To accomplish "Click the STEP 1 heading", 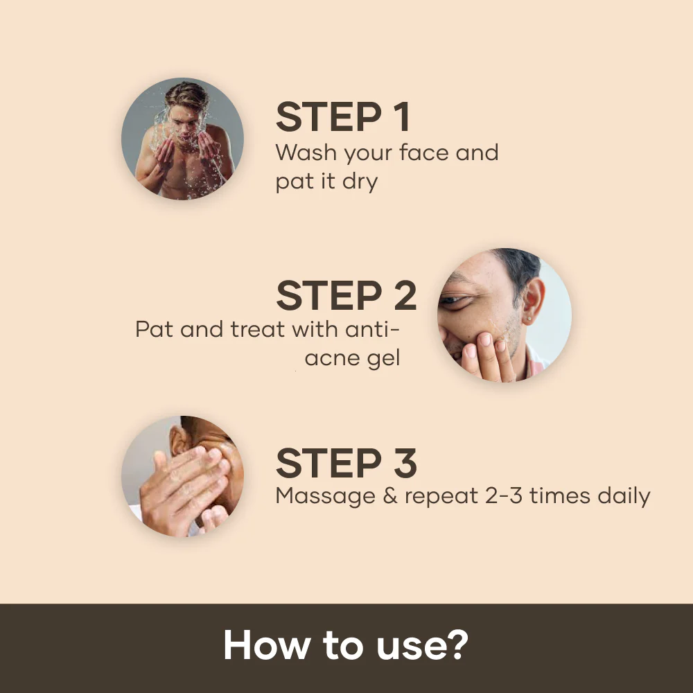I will point(343,118).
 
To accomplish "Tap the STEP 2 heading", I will point(346,296).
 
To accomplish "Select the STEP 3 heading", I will point(346,464).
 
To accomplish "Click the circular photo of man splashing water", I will point(182,139).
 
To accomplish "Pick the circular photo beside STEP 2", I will point(504,315).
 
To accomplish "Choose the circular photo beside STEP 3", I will point(182,476).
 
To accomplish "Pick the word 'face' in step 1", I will point(423,152).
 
